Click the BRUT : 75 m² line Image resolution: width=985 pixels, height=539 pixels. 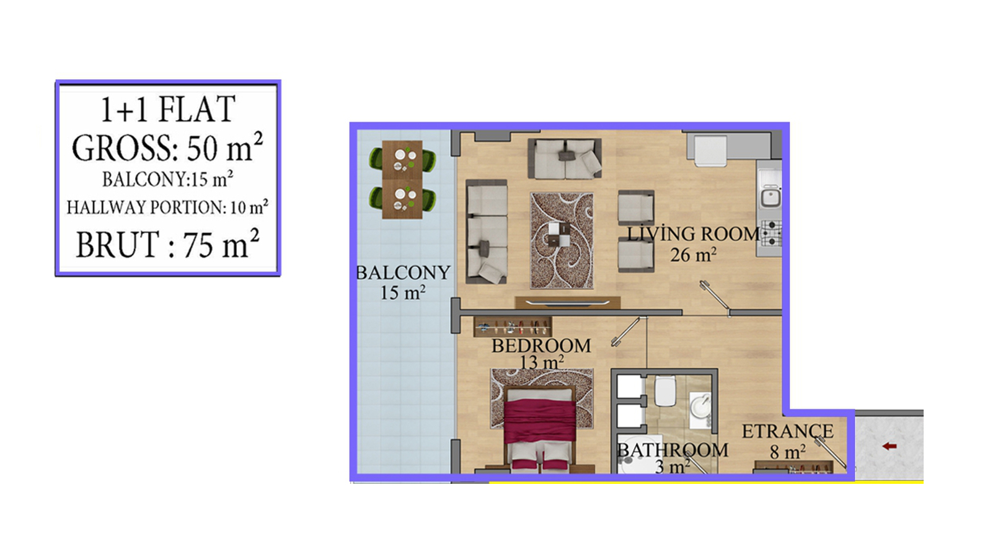click(x=168, y=244)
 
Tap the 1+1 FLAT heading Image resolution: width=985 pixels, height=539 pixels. click(x=168, y=109)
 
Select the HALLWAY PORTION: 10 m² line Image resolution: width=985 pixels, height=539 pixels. click(x=167, y=207)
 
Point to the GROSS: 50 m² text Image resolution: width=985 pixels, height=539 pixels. click(x=167, y=147)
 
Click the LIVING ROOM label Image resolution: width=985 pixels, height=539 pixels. click(x=694, y=234)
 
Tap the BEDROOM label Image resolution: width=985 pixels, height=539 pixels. click(x=541, y=346)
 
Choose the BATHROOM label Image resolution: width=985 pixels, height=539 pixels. click(x=673, y=450)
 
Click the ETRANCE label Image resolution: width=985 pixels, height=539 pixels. click(x=787, y=431)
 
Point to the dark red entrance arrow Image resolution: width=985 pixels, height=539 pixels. click(x=890, y=447)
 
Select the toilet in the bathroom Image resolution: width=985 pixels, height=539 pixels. click(x=665, y=391)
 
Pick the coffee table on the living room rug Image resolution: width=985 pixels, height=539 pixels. click(x=559, y=234)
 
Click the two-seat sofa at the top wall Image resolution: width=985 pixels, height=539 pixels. click(x=565, y=159)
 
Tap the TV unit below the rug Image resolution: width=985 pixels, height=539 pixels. click(x=567, y=302)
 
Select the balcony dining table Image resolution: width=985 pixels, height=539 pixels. click(x=402, y=180)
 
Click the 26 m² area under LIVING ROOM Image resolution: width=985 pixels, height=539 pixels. click(x=693, y=255)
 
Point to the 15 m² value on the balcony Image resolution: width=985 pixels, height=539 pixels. click(x=403, y=293)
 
